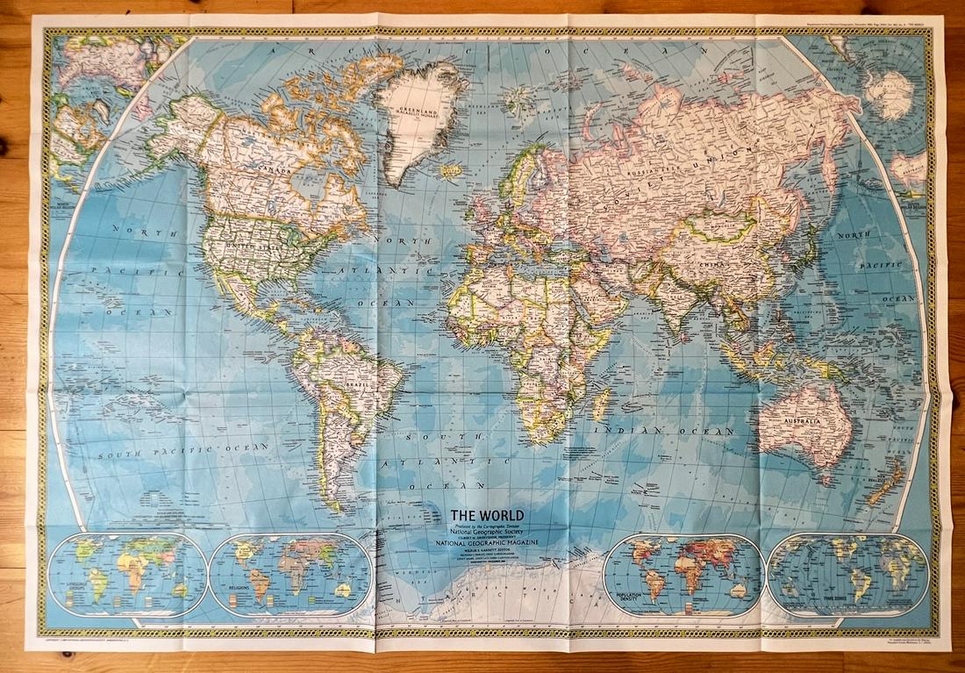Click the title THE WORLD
(x=487, y=515)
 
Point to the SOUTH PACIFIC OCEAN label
(x=183, y=449)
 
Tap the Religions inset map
(x=290, y=574)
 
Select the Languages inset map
(x=128, y=574)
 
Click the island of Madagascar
(x=602, y=405)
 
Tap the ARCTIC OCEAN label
(x=474, y=51)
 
